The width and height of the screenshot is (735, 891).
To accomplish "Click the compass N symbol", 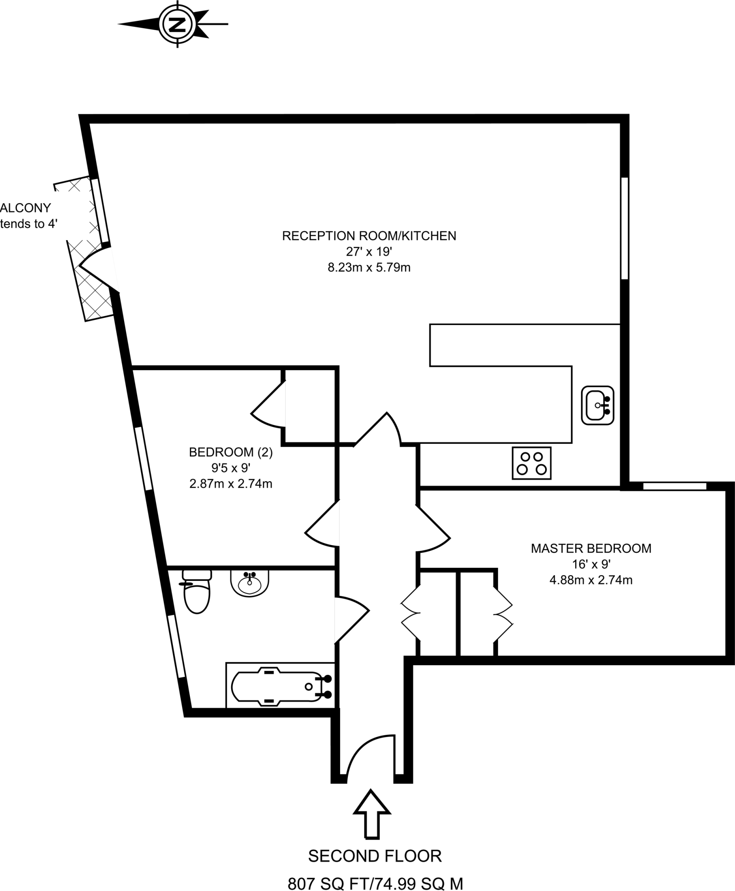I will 177,24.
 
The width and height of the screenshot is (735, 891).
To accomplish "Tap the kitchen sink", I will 597,405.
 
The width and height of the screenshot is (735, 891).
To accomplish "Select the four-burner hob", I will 531,463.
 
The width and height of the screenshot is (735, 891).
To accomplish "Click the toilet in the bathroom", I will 197,592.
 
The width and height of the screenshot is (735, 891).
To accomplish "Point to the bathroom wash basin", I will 249,582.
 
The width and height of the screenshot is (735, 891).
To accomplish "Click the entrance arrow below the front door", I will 371,814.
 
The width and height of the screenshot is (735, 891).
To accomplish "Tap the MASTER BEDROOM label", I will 591,548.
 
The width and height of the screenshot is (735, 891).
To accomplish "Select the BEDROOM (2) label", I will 231,452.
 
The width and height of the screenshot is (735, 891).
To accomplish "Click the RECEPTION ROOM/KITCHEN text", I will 369,236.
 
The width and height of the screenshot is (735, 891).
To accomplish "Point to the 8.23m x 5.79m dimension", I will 369,267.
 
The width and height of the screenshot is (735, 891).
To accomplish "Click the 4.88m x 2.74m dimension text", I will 591,580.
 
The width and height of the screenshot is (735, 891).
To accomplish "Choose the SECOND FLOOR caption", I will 374,856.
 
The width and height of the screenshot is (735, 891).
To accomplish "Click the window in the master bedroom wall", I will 674,486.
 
